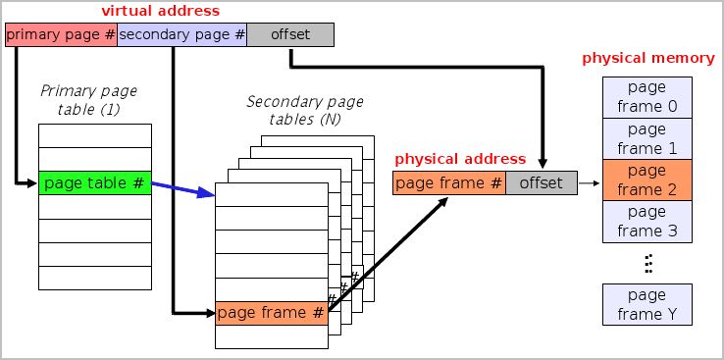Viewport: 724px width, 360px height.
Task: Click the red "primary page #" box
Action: point(60,35)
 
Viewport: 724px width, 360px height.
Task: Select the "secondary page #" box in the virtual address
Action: point(181,35)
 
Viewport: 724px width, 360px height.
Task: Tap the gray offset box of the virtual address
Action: point(289,35)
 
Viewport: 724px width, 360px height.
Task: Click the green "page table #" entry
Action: point(95,182)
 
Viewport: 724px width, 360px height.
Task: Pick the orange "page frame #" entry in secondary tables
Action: point(270,313)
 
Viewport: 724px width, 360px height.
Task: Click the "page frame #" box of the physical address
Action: point(449,182)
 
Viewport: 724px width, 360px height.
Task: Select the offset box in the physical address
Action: point(542,182)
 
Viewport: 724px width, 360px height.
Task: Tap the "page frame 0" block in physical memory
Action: point(646,96)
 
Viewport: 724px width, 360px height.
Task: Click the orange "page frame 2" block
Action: point(646,180)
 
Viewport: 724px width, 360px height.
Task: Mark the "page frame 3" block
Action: point(646,222)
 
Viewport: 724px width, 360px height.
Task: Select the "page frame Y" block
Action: point(646,305)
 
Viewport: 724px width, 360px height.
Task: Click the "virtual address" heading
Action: point(161,11)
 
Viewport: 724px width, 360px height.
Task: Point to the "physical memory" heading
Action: point(647,58)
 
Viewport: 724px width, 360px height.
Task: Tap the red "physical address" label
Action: point(460,158)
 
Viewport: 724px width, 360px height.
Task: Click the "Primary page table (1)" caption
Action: point(88,100)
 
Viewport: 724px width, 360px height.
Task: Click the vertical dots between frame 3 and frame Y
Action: point(647,262)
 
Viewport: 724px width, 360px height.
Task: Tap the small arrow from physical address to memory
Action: point(589,182)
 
